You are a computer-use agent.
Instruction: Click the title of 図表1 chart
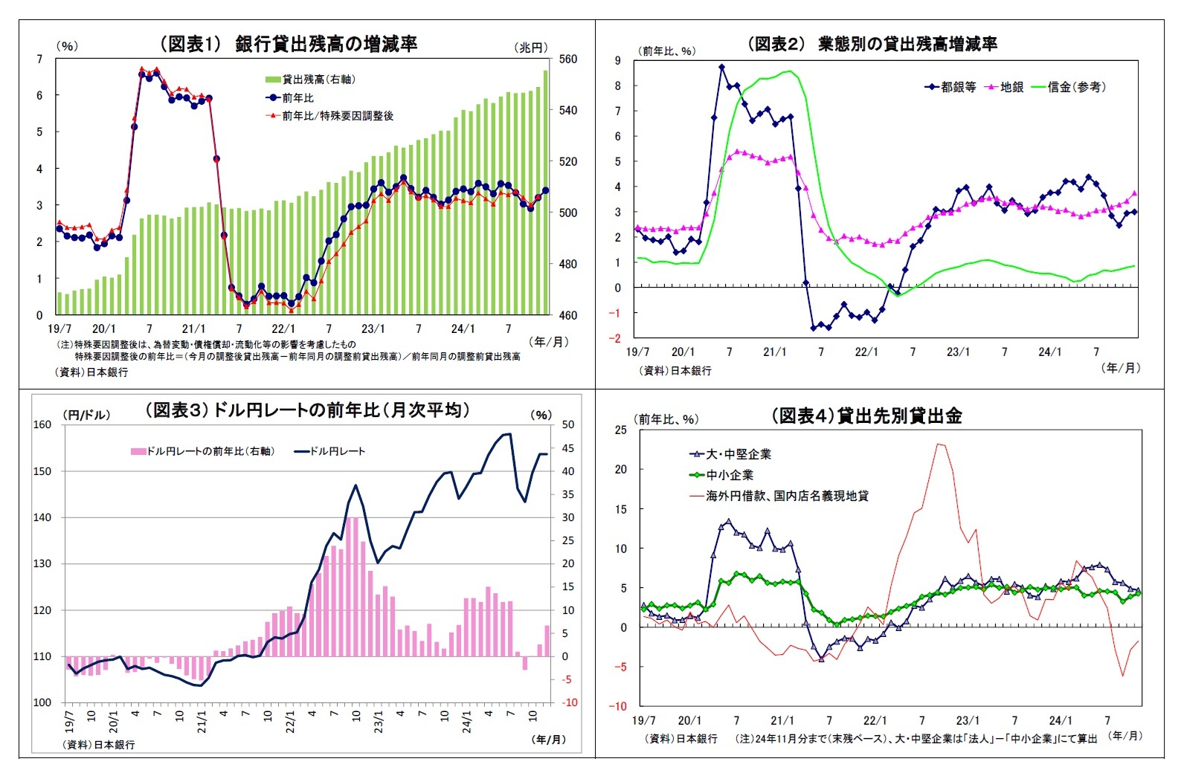click(x=289, y=44)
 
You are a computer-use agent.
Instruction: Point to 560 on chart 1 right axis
click(x=567, y=59)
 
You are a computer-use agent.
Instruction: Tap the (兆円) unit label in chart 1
click(x=531, y=47)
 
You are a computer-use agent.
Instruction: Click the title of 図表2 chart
click(x=872, y=44)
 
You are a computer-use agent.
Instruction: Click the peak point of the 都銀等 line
click(x=721, y=67)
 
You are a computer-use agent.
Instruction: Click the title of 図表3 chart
click(x=306, y=410)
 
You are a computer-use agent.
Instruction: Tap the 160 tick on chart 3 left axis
click(x=42, y=424)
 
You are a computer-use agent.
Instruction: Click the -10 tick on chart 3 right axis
click(x=568, y=702)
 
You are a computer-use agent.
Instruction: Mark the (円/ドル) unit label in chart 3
click(x=86, y=415)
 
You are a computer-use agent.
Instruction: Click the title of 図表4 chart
click(x=866, y=416)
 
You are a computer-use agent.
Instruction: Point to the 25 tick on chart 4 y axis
click(x=620, y=430)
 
